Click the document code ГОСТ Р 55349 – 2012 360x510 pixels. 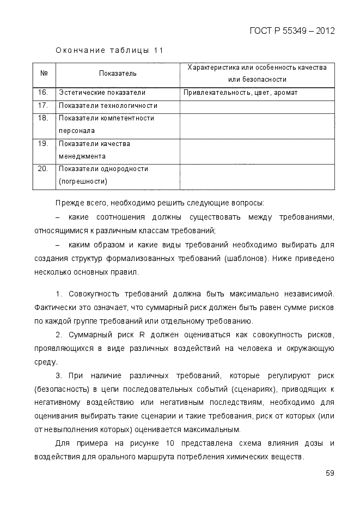(291, 30)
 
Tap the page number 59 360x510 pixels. (330, 472)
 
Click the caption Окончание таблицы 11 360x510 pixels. (109, 51)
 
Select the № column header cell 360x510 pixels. (44, 73)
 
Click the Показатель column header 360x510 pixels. (118, 73)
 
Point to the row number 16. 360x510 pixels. (44, 93)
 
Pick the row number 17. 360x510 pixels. (44, 105)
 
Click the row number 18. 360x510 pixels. (44, 118)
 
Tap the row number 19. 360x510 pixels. (44, 144)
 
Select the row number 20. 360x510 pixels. (44, 169)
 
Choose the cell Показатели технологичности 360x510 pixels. (108, 105)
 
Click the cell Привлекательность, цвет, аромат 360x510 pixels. (240, 93)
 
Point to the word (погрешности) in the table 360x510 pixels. (83, 181)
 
